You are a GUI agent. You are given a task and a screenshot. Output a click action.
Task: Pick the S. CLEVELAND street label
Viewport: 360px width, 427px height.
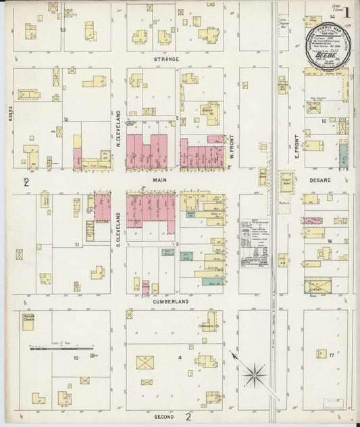coord(118,226)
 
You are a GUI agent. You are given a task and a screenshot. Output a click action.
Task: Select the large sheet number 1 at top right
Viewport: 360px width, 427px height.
coord(347,11)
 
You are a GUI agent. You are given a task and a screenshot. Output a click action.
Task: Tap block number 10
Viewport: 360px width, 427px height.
coord(76,356)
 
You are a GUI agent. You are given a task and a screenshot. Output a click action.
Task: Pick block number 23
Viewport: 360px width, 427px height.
coord(63,30)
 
